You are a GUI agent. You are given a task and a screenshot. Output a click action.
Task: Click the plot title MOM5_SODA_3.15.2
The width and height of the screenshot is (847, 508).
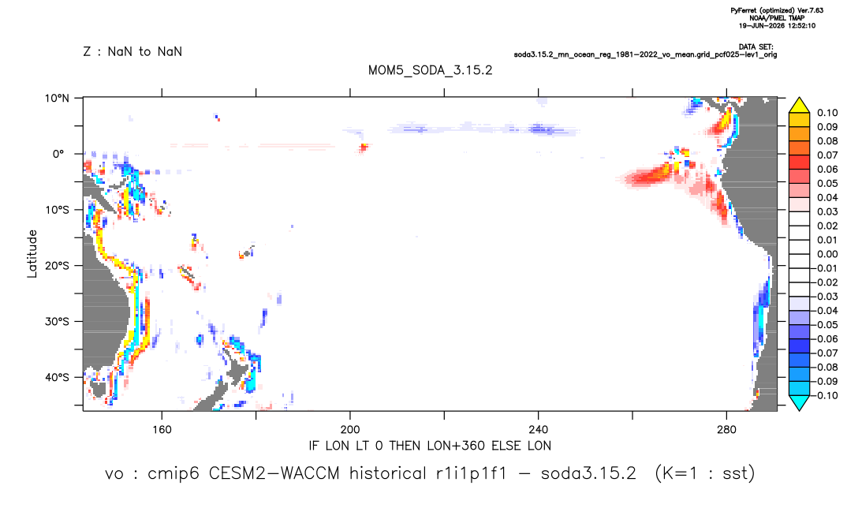pyautogui.click(x=430, y=70)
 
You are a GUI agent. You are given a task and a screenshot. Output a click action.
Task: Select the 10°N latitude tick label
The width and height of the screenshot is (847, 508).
pyautogui.click(x=57, y=98)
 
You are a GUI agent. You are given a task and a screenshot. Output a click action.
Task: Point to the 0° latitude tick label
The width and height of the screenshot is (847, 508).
pyautogui.click(x=58, y=154)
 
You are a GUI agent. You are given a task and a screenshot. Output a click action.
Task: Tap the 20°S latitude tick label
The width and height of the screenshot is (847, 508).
pyautogui.click(x=57, y=265)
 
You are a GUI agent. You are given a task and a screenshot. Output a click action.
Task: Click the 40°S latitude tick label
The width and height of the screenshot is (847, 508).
pyautogui.click(x=57, y=377)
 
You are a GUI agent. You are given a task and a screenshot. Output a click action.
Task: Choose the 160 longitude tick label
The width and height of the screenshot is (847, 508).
pyautogui.click(x=162, y=430)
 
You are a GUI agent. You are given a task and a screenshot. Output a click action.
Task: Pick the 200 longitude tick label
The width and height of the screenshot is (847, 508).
pyautogui.click(x=350, y=430)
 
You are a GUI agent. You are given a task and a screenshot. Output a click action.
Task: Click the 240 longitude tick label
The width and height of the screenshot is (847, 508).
pyautogui.click(x=539, y=430)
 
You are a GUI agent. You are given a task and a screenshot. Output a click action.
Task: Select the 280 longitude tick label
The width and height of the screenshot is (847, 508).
pyautogui.click(x=726, y=430)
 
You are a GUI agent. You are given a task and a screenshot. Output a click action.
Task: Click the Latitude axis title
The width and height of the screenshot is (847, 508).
pyautogui.click(x=32, y=254)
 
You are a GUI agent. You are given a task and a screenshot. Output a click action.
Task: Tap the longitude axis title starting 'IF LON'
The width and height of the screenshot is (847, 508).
pyautogui.click(x=430, y=446)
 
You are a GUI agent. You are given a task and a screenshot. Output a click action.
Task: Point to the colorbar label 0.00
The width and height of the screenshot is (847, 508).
pyautogui.click(x=827, y=254)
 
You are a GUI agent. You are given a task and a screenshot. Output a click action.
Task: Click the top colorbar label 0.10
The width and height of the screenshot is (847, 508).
pyautogui.click(x=827, y=113)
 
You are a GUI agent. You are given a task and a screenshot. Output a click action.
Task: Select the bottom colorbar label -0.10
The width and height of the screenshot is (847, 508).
pyautogui.click(x=825, y=395)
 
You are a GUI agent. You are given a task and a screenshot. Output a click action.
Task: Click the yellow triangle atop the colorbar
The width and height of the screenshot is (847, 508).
pyautogui.click(x=799, y=106)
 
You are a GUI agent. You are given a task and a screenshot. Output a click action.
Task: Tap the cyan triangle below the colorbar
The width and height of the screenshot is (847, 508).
pyautogui.click(x=799, y=402)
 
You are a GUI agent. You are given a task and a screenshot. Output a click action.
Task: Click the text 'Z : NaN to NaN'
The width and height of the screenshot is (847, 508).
pyautogui.click(x=132, y=52)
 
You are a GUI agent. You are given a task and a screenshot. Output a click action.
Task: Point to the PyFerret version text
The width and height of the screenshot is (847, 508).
pyautogui.click(x=777, y=10)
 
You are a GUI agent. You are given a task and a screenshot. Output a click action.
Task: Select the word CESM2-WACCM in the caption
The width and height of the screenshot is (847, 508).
pyautogui.click(x=274, y=473)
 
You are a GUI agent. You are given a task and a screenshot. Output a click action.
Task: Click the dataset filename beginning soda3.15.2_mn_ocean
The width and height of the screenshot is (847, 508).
pyautogui.click(x=645, y=54)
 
